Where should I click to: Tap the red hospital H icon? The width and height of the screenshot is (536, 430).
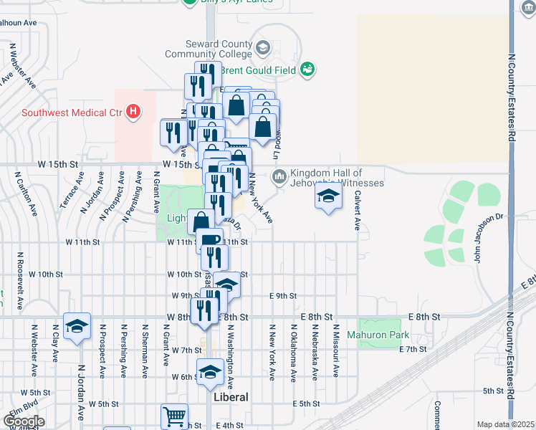[x=133, y=112]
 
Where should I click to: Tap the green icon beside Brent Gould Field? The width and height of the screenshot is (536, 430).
[x=308, y=70]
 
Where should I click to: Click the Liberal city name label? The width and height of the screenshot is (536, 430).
[x=231, y=396]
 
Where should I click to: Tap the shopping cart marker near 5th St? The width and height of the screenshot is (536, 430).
[x=174, y=416]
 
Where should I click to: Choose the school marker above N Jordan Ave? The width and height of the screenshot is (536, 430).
[x=77, y=326]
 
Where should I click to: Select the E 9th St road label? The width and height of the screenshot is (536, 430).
[x=282, y=295]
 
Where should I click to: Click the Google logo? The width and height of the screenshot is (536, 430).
[x=24, y=421]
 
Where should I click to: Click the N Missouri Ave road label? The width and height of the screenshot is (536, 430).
[x=335, y=350]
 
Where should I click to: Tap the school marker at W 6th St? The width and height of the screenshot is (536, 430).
[x=210, y=371]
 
